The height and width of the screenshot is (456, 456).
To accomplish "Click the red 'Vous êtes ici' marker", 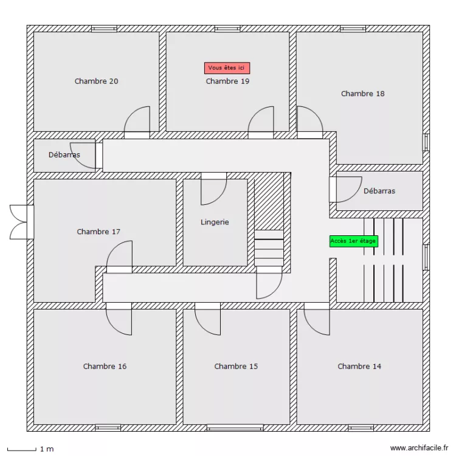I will (x=227, y=68).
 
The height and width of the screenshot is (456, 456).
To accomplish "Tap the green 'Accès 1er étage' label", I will (x=353, y=241).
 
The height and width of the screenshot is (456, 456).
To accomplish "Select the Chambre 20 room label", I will (x=97, y=81).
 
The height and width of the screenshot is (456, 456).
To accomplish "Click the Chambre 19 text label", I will (x=227, y=81).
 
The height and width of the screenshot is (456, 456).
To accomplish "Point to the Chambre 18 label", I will (x=362, y=94).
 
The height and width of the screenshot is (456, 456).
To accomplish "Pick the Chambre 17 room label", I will (x=98, y=232).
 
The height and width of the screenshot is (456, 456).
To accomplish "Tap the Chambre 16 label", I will (x=105, y=366).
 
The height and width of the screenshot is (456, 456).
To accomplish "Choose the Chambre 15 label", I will (x=236, y=366).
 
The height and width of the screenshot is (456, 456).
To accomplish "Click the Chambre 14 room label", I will (x=359, y=366).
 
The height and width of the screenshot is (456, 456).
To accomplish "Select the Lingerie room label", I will (x=215, y=223).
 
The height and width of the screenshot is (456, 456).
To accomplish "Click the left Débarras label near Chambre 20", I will (x=64, y=154).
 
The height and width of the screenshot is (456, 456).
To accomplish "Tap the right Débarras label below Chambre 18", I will (x=379, y=191).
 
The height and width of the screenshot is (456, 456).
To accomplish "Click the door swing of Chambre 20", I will (x=137, y=121).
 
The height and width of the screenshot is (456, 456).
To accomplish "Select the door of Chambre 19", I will (x=261, y=121).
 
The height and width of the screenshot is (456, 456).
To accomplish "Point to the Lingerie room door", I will (x=213, y=190).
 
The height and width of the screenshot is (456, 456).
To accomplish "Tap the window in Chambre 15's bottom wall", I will (x=235, y=427).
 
